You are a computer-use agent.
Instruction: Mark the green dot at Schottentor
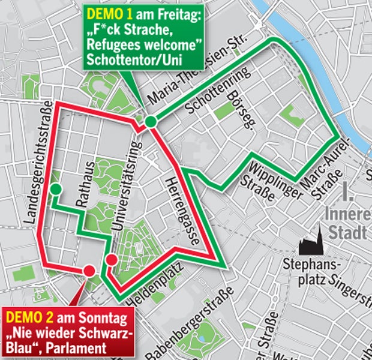[150, 122]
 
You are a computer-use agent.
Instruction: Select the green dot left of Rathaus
[56, 190]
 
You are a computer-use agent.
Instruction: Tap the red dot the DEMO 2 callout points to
[89, 270]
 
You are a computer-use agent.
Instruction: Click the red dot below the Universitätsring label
[111, 259]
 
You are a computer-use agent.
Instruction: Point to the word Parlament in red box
[78, 347]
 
